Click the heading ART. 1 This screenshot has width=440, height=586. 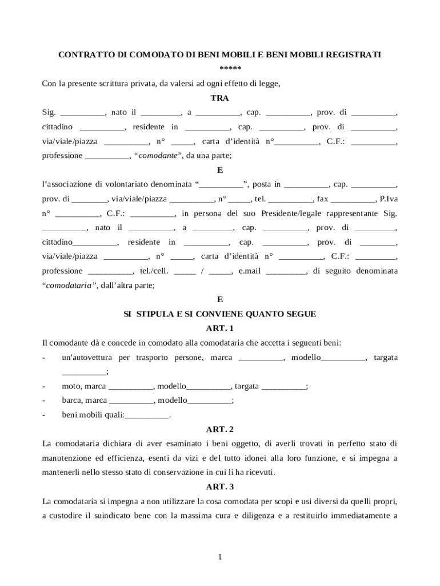(x=220, y=328)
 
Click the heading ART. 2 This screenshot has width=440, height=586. (x=220, y=429)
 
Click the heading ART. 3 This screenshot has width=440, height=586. (x=220, y=487)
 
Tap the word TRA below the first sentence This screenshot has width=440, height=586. (x=220, y=98)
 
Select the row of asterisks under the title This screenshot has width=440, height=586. (x=220, y=69)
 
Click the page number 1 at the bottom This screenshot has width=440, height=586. (x=220, y=556)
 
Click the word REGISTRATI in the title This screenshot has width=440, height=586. (x=354, y=54)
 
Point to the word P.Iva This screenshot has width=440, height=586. (x=388, y=199)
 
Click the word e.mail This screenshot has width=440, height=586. (x=249, y=271)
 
